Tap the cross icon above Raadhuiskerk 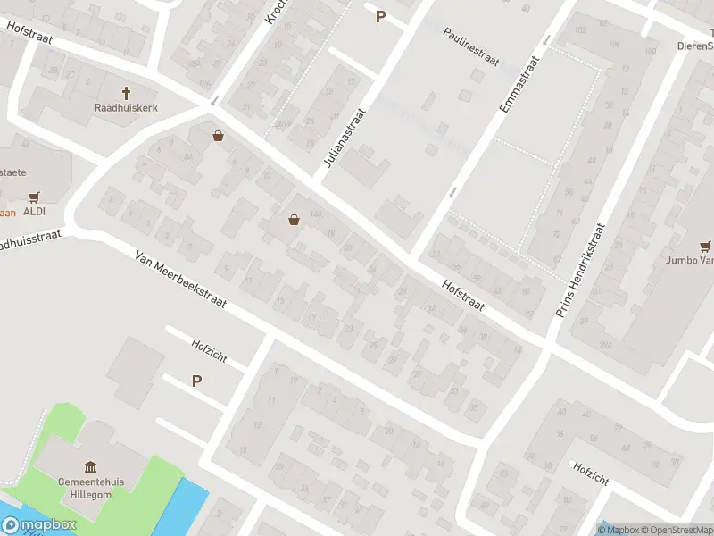[x=126, y=92]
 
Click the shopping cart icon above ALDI [x=35, y=197]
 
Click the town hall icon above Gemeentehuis [x=90, y=467]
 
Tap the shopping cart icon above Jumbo [x=706, y=246]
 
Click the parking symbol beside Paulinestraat [x=380, y=16]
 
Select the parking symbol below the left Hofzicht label [x=196, y=381]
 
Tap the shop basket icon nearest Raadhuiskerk [x=218, y=137]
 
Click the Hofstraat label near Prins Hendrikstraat [x=462, y=293]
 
